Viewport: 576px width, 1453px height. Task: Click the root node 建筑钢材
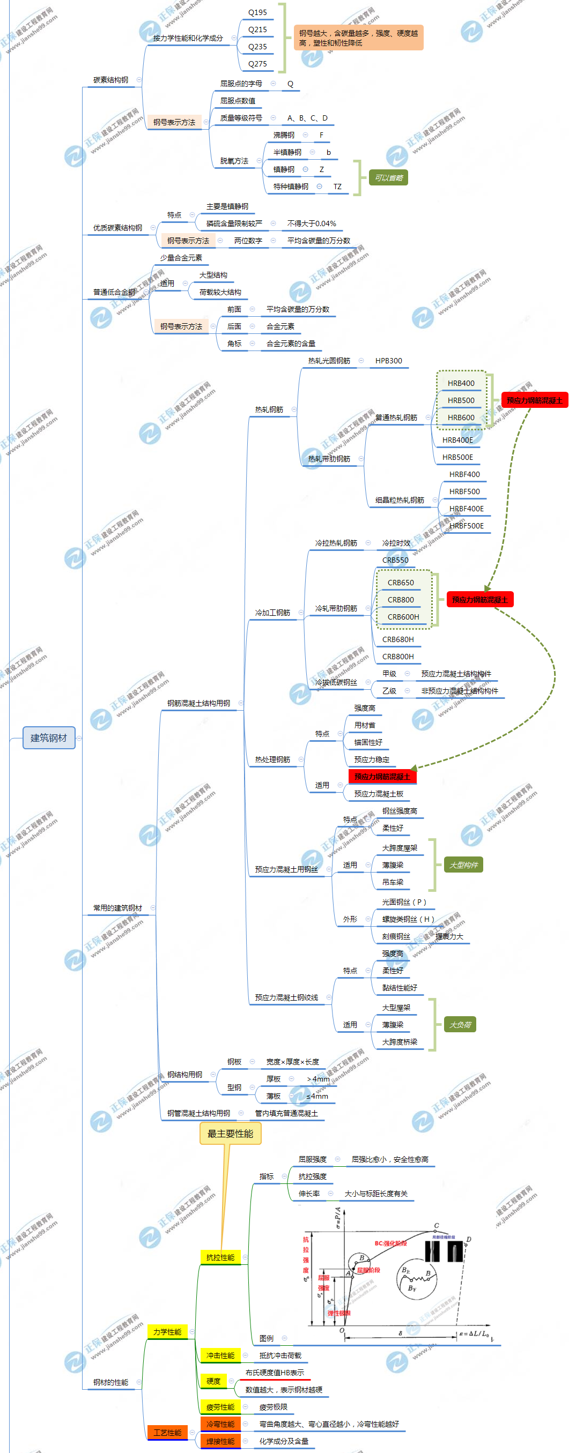tap(48, 738)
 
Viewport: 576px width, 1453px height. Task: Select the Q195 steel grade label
tap(257, 12)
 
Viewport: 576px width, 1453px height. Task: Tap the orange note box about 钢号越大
tap(358, 38)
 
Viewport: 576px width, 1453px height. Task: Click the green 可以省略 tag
tap(388, 178)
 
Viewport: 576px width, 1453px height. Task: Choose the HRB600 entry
tap(461, 418)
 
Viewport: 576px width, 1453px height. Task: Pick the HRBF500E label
tap(466, 526)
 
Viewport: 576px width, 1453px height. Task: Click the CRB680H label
tap(398, 639)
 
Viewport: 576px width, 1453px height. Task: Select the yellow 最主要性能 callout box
tap(230, 1134)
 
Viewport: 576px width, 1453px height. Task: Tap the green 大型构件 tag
tap(463, 865)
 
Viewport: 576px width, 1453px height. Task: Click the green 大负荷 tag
tap(460, 1025)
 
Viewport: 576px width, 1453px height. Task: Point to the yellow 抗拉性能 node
tap(220, 1257)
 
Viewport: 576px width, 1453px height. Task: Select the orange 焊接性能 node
tap(220, 1441)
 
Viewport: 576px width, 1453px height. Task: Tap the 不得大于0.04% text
tap(312, 224)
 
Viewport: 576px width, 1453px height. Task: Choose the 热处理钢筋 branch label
tap(272, 760)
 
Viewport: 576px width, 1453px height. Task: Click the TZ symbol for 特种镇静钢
tap(337, 187)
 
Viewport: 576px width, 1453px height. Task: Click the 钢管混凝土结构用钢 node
tap(198, 1113)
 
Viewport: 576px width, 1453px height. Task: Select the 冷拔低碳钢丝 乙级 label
tap(389, 691)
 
